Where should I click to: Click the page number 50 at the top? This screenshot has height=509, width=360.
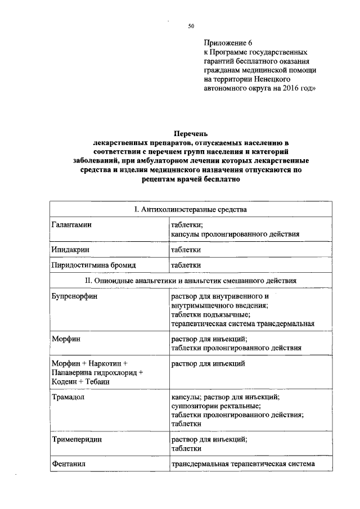pos(191,26)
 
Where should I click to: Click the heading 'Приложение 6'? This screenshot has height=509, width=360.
pos(227,43)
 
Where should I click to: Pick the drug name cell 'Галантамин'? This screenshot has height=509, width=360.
pos(71,224)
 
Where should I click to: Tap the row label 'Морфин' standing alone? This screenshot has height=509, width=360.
pos(65,339)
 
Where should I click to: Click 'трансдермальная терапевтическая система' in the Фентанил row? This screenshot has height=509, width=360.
pos(243,465)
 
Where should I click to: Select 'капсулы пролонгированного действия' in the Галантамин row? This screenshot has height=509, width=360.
pos(235,233)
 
